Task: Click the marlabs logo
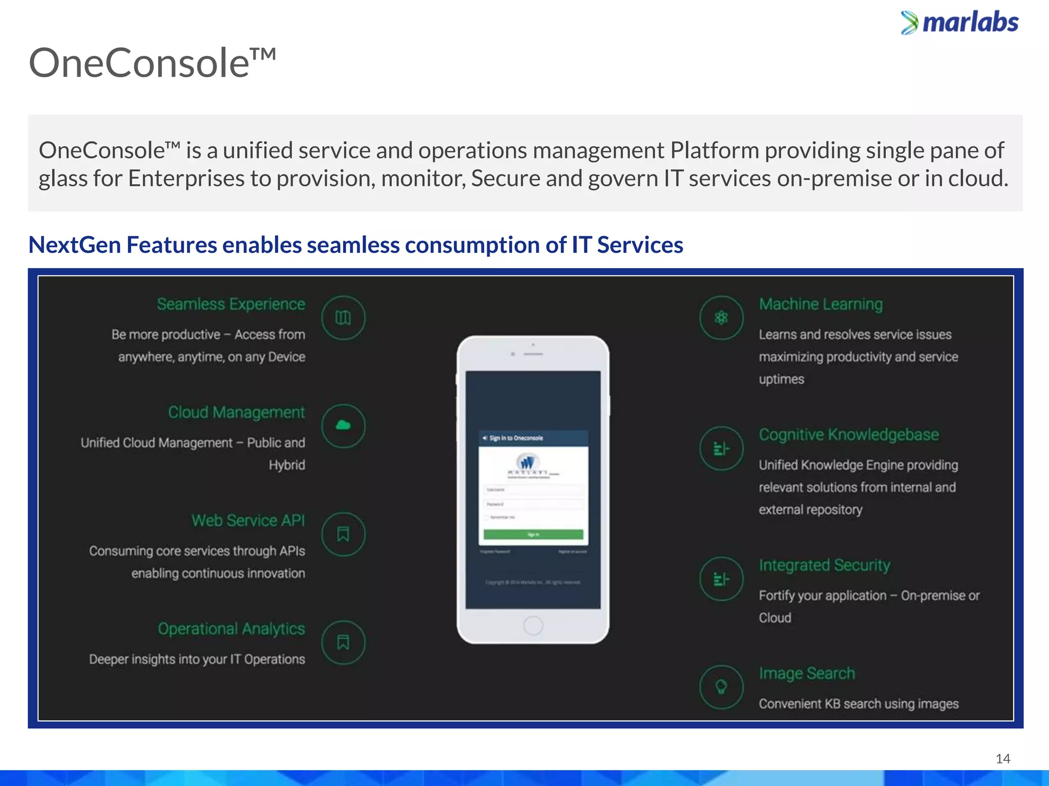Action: point(959,23)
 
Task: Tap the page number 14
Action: point(1002,758)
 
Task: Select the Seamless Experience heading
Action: point(230,304)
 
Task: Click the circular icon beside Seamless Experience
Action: point(343,318)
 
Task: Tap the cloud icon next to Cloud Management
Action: point(343,426)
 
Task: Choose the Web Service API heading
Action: point(248,520)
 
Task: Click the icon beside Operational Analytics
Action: point(343,642)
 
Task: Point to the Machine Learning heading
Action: point(821,304)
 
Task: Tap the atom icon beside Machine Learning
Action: point(721,318)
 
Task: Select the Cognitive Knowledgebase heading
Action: point(849,434)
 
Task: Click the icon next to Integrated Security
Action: point(721,579)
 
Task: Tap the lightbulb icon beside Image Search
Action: point(721,687)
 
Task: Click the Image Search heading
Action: point(807,673)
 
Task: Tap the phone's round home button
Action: point(533,625)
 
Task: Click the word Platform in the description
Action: point(715,150)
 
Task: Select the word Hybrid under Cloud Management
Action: point(287,465)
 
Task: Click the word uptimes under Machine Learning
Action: point(781,379)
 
